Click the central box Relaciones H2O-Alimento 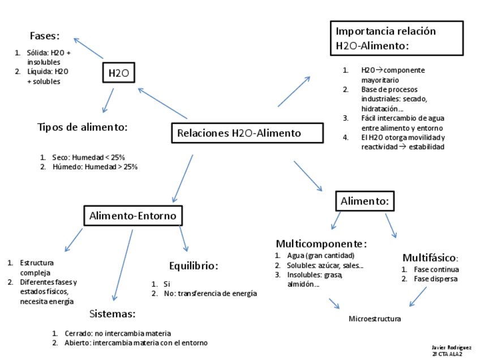point(247,134)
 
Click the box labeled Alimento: point(365,201)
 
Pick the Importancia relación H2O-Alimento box point(396,38)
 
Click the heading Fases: point(45,36)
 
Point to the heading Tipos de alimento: point(83,127)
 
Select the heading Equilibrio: point(194,265)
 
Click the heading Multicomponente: point(321,244)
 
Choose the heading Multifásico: point(430,258)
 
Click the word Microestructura point(375,319)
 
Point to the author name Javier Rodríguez point(451,347)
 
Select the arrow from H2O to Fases point(88,48)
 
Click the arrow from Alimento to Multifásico point(391,225)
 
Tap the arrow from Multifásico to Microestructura point(418,297)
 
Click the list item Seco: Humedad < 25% point(88,157)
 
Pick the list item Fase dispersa point(436,278)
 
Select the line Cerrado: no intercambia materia point(117,333)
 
